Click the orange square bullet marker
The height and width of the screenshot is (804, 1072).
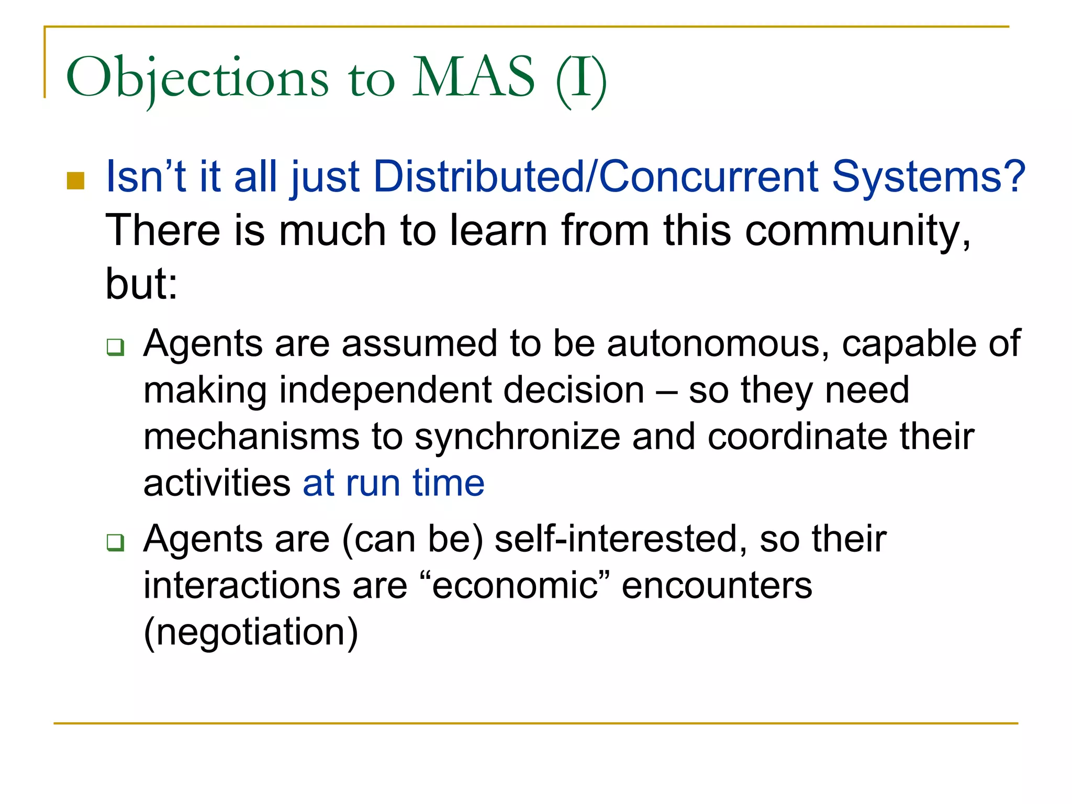[x=76, y=181]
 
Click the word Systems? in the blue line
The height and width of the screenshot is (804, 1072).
[x=929, y=176]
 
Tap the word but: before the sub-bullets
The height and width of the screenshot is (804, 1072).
[x=141, y=284]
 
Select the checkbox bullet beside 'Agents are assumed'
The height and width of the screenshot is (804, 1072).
[x=115, y=347]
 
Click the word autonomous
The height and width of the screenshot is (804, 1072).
[x=718, y=344]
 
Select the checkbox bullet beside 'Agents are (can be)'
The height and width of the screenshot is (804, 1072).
[x=115, y=542]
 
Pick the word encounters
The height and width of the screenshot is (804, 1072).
[x=717, y=585]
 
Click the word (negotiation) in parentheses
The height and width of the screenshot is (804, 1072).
[x=251, y=632]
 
